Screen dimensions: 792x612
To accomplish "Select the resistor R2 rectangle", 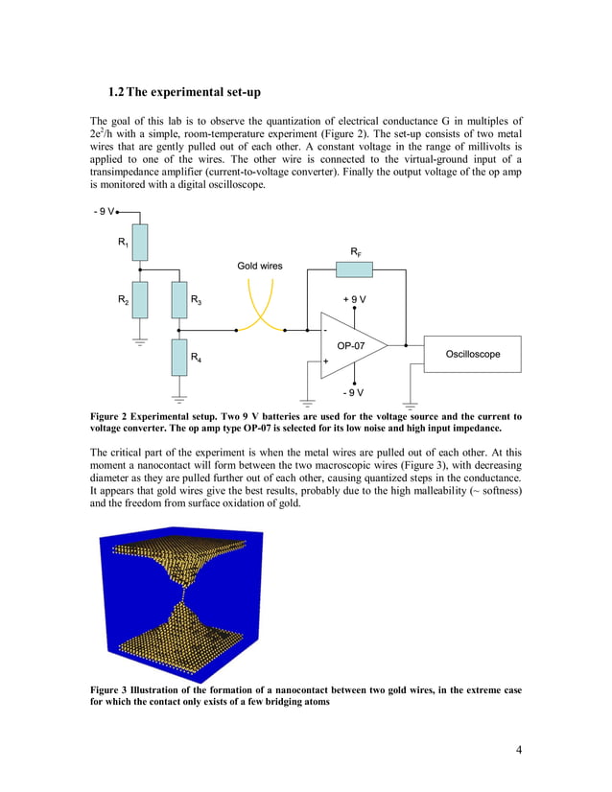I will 140,299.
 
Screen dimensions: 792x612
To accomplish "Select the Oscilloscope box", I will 472,354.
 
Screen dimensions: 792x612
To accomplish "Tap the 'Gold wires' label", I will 260,265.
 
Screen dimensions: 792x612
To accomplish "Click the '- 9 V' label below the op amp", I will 355,392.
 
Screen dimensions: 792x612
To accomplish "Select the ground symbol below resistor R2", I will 140,341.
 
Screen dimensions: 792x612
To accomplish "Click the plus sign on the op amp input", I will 326,361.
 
